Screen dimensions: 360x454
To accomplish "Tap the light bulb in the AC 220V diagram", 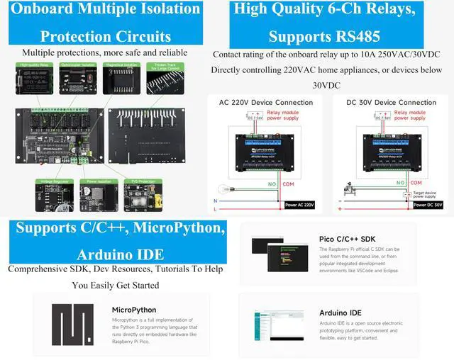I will (x=222, y=191).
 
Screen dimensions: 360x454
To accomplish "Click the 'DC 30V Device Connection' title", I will (x=391, y=103).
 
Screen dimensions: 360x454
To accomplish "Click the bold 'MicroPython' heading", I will (x=134, y=310).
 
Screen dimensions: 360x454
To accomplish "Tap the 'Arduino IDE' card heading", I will (x=340, y=313).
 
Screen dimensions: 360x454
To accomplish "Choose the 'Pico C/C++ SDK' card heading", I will (x=348, y=239).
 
